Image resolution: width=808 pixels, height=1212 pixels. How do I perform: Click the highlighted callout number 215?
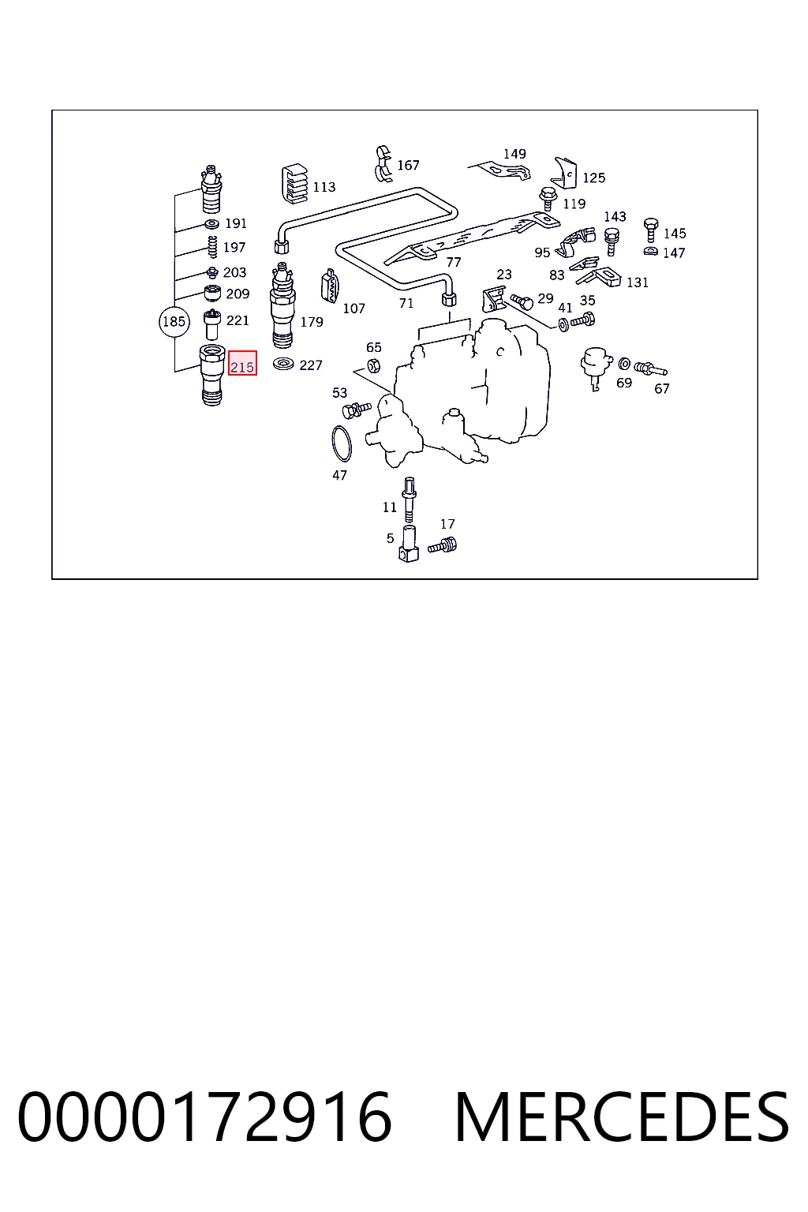pyautogui.click(x=242, y=368)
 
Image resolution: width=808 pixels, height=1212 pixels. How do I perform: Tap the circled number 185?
pyautogui.click(x=174, y=321)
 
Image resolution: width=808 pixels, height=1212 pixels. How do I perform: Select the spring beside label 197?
pyautogui.click(x=213, y=247)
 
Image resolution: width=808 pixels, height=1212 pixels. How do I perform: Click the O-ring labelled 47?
pyautogui.click(x=342, y=445)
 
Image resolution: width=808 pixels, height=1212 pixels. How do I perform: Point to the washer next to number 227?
pyautogui.click(x=283, y=364)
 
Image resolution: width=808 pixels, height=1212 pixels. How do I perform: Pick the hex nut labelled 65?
pyautogui.click(x=373, y=366)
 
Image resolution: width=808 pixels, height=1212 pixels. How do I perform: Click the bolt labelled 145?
pyautogui.click(x=651, y=230)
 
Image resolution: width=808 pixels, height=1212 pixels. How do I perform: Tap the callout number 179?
pyautogui.click(x=312, y=322)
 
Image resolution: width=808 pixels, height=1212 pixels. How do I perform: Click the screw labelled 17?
pyautogui.click(x=443, y=544)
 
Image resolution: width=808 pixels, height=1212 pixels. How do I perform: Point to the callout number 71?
pyautogui.click(x=406, y=304)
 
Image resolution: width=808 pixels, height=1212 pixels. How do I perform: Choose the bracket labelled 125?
pyautogui.click(x=564, y=173)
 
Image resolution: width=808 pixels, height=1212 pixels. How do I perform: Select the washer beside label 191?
pyautogui.click(x=211, y=224)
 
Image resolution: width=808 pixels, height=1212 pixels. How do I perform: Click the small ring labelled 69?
pyautogui.click(x=624, y=364)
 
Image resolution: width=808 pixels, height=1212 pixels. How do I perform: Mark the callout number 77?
pyautogui.click(x=454, y=263)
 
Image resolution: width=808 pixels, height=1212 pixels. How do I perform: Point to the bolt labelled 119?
pyautogui.click(x=548, y=199)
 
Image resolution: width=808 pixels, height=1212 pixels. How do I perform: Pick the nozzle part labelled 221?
pyautogui.click(x=211, y=324)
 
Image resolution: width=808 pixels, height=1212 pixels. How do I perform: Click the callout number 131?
pyautogui.click(x=638, y=282)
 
